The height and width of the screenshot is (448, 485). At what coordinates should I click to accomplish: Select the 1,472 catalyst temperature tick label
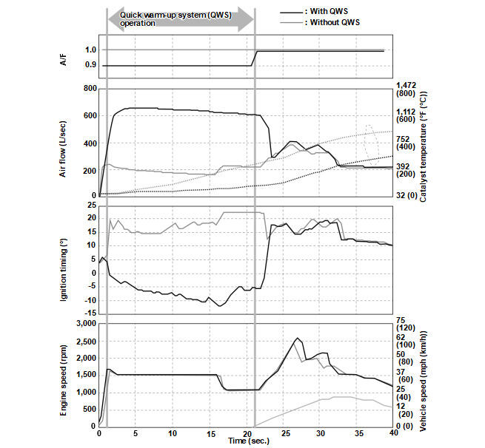408,85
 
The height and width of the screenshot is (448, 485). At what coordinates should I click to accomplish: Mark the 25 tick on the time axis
283,433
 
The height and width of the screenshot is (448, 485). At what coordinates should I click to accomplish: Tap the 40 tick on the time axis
393,433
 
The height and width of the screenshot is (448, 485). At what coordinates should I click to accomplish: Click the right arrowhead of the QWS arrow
247,19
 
